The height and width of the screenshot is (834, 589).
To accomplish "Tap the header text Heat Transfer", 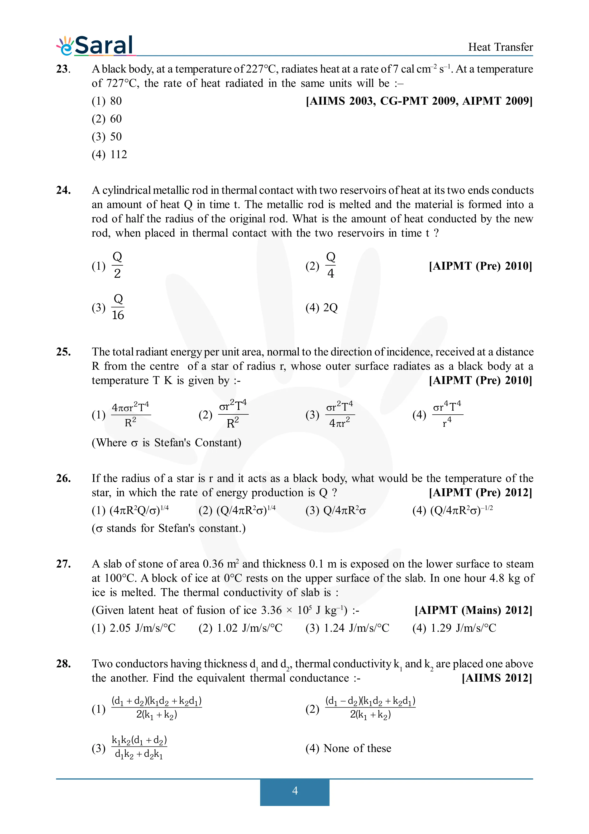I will click(500, 47).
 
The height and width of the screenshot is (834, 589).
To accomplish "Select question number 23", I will click(63, 69).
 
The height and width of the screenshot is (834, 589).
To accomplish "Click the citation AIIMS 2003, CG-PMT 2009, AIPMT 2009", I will click(419, 101).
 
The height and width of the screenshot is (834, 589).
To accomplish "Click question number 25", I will click(63, 352).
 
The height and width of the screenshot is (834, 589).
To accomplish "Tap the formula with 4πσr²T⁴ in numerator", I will click(131, 414).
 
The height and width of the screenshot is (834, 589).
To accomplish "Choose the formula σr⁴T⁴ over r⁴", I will click(447, 414).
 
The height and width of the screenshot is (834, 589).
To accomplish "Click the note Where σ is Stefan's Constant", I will click(166, 443).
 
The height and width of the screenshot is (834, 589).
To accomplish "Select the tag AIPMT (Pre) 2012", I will click(480, 493).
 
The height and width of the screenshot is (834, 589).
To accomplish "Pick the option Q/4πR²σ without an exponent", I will click(336, 511).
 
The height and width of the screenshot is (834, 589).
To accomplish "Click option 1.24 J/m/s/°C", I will click(347, 628).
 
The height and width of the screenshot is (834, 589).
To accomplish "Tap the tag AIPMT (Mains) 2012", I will click(473, 610).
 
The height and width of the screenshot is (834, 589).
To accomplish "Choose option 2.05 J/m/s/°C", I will click(134, 628).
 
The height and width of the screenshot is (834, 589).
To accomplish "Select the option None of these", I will click(348, 748).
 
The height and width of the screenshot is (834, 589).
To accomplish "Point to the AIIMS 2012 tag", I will click(497, 678).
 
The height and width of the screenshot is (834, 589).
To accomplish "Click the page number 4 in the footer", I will click(295, 791).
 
